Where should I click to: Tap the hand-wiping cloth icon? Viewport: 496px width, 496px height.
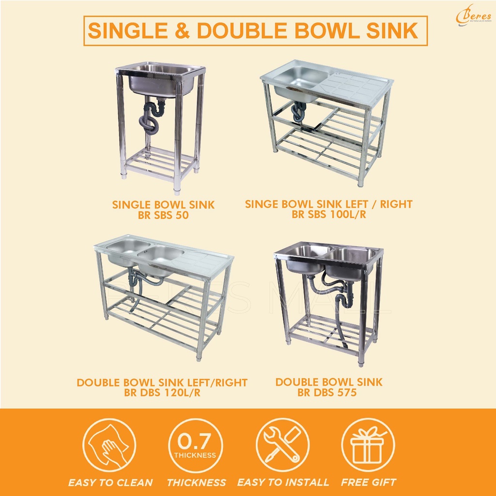coord(110,445)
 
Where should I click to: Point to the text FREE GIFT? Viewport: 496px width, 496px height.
coord(368,482)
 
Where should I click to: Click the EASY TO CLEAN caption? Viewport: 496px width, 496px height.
coord(110,482)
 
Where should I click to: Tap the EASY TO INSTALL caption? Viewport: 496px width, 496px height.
coord(283,482)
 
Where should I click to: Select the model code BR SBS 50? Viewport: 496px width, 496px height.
coord(163,216)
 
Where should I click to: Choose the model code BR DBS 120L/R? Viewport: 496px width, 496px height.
coord(162,393)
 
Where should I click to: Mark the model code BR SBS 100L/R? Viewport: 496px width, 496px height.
coord(328,215)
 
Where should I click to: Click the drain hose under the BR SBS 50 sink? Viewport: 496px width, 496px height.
coord(149,124)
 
